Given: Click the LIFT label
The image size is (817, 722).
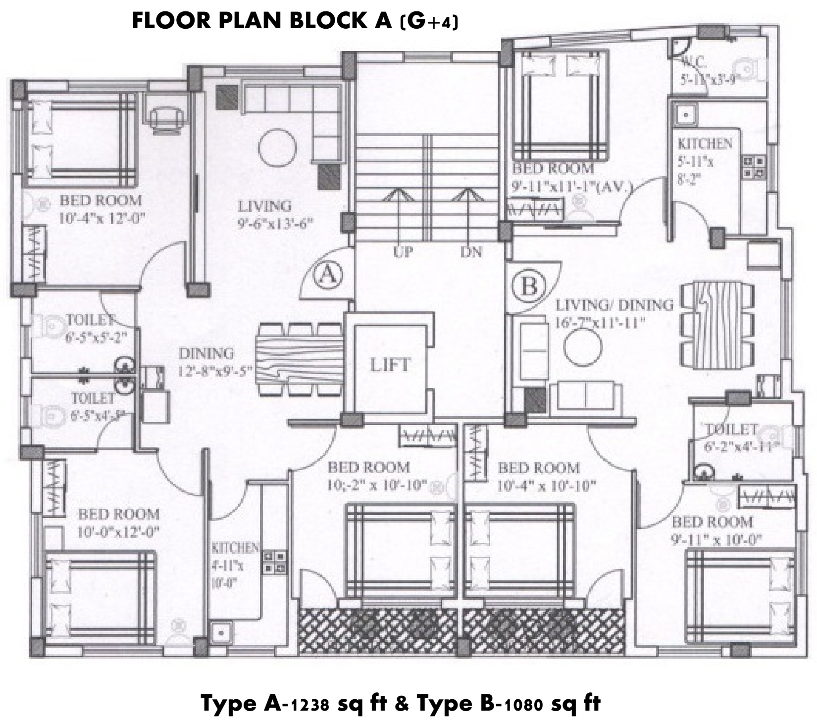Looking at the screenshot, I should (390, 365).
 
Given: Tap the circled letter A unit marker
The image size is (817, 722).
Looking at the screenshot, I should (327, 275).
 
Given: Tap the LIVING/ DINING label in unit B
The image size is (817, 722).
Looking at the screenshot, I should (614, 305).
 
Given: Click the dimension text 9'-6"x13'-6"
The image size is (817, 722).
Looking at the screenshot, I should (276, 223).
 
